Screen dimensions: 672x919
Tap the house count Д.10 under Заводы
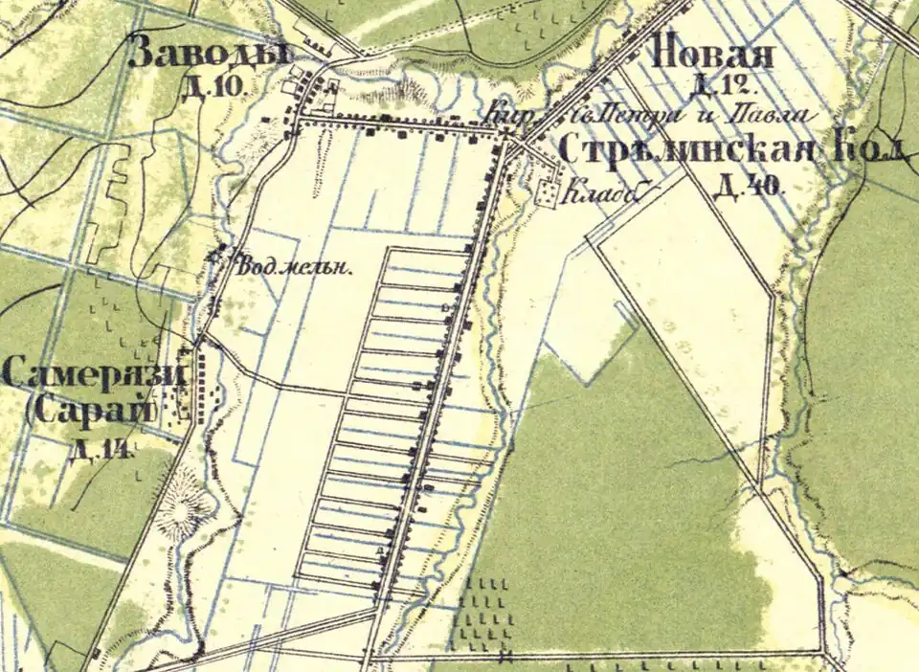[216, 88]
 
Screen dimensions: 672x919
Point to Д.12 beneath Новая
[717, 88]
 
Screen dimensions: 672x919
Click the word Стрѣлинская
[685, 150]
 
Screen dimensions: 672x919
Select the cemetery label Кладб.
[600, 193]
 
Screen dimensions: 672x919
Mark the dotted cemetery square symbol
[549, 193]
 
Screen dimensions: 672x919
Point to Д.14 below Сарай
[100, 449]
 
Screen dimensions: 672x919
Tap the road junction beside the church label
[514, 145]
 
